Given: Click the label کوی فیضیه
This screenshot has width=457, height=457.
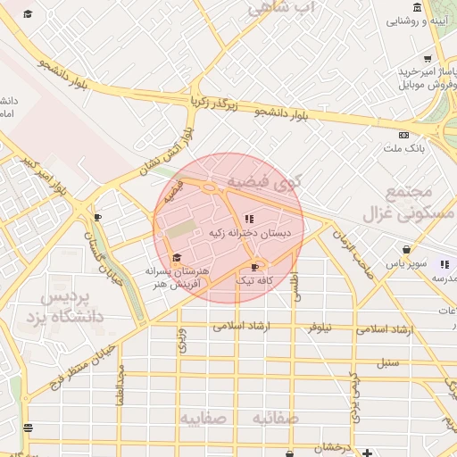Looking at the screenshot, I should tap(266, 181).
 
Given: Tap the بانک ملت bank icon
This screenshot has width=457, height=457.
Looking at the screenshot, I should tap(404, 135).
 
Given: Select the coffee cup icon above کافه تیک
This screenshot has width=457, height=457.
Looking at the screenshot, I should tap(255, 266).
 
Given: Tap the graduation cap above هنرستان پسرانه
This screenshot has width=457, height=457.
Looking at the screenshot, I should tap(176, 257).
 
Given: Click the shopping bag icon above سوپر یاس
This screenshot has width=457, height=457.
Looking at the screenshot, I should tap(407, 251).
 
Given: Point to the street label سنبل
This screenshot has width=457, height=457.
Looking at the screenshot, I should tap(386, 362).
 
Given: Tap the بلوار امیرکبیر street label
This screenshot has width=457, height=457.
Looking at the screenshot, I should tap(45, 176).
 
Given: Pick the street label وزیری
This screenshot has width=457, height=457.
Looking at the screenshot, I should tap(182, 341).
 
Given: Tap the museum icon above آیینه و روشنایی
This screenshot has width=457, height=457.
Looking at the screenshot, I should tap(416, 10).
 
